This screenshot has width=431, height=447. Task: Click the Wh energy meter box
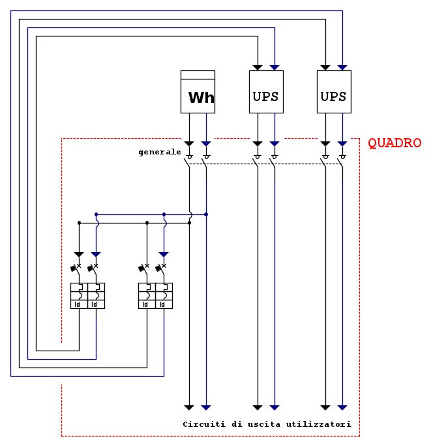(198, 92)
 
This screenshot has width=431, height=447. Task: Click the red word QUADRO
(394, 143)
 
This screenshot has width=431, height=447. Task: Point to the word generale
(160, 152)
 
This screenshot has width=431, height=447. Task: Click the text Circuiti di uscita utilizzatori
(267, 424)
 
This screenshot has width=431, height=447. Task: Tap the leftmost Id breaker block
(79, 295)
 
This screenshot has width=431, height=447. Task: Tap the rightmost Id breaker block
(164, 295)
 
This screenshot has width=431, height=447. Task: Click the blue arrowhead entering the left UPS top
(275, 67)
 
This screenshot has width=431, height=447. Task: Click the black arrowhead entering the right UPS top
(325, 67)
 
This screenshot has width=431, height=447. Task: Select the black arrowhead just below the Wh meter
(189, 143)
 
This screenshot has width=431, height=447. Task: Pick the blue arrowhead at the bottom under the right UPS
(342, 407)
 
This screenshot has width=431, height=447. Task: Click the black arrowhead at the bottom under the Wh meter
(189, 407)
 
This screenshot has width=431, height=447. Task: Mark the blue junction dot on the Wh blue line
(206, 214)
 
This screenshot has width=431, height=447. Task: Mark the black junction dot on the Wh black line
(189, 223)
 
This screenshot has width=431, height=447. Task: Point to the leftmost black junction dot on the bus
(79, 223)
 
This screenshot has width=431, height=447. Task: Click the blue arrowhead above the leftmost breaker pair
(96, 254)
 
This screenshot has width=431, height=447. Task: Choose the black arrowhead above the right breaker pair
(147, 254)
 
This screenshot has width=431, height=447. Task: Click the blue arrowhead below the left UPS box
(275, 143)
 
